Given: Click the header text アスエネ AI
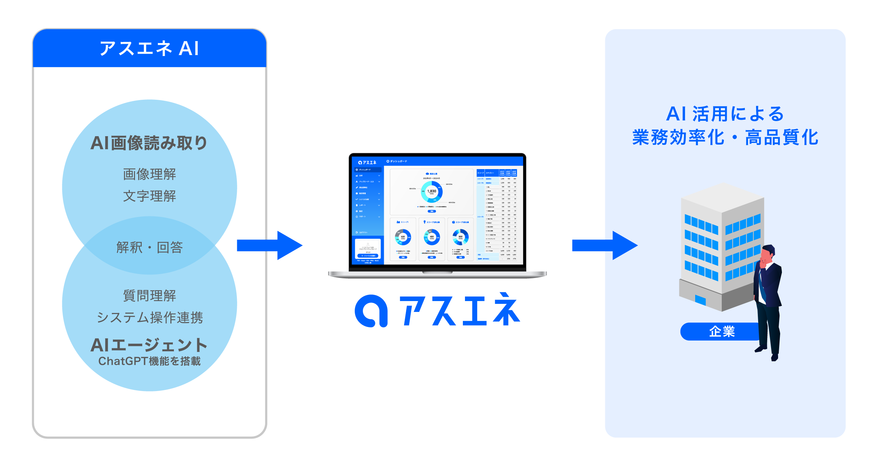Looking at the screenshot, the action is point(149,48).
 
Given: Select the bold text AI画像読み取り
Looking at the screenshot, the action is point(149,143).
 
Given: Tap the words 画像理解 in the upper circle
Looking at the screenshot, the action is point(149,174).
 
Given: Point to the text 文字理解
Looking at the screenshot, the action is point(149,196).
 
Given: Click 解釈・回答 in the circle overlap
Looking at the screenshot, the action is point(149,248).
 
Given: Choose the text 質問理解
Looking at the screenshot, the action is point(149,295).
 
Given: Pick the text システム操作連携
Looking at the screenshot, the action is point(149,318).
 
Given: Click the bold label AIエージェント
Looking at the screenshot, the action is point(149,345).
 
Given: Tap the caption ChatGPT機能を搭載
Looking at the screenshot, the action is point(149,361).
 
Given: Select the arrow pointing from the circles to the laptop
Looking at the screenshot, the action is point(269,245).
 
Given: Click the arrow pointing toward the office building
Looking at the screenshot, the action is point(605,245).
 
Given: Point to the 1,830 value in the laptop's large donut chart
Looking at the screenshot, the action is point(432,191).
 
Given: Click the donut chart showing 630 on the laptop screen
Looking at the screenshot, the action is point(403,237).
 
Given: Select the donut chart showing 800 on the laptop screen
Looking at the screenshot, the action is point(460,237).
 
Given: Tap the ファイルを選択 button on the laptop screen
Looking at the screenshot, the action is point(368,256).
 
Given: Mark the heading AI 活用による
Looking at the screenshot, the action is point(725,114).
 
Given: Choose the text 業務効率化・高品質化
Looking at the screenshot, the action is point(725,137).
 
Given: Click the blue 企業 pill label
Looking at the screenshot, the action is point(721,331).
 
